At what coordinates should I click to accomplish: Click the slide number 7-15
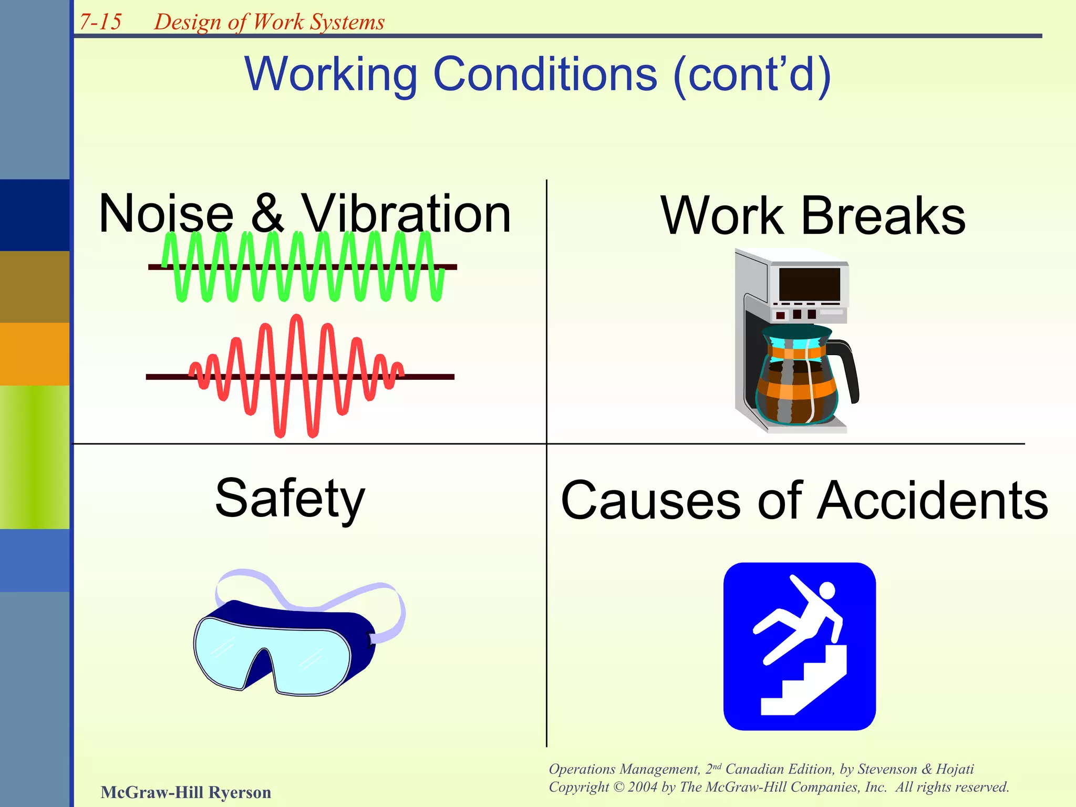(100, 22)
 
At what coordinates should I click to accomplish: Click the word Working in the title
(329, 75)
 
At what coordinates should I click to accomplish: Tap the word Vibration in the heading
(406, 214)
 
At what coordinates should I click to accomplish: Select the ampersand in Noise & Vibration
(267, 214)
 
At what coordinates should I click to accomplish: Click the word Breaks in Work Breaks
(883, 216)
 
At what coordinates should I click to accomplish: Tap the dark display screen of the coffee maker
(809, 284)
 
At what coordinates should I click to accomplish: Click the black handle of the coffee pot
(849, 368)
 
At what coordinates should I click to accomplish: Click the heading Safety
(290, 498)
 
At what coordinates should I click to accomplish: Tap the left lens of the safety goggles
(226, 651)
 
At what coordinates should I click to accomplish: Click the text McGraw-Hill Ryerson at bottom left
(185, 792)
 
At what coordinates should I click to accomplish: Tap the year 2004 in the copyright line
(643, 787)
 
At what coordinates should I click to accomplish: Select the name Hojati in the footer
(955, 769)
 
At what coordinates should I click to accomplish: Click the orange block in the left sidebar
(34, 354)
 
